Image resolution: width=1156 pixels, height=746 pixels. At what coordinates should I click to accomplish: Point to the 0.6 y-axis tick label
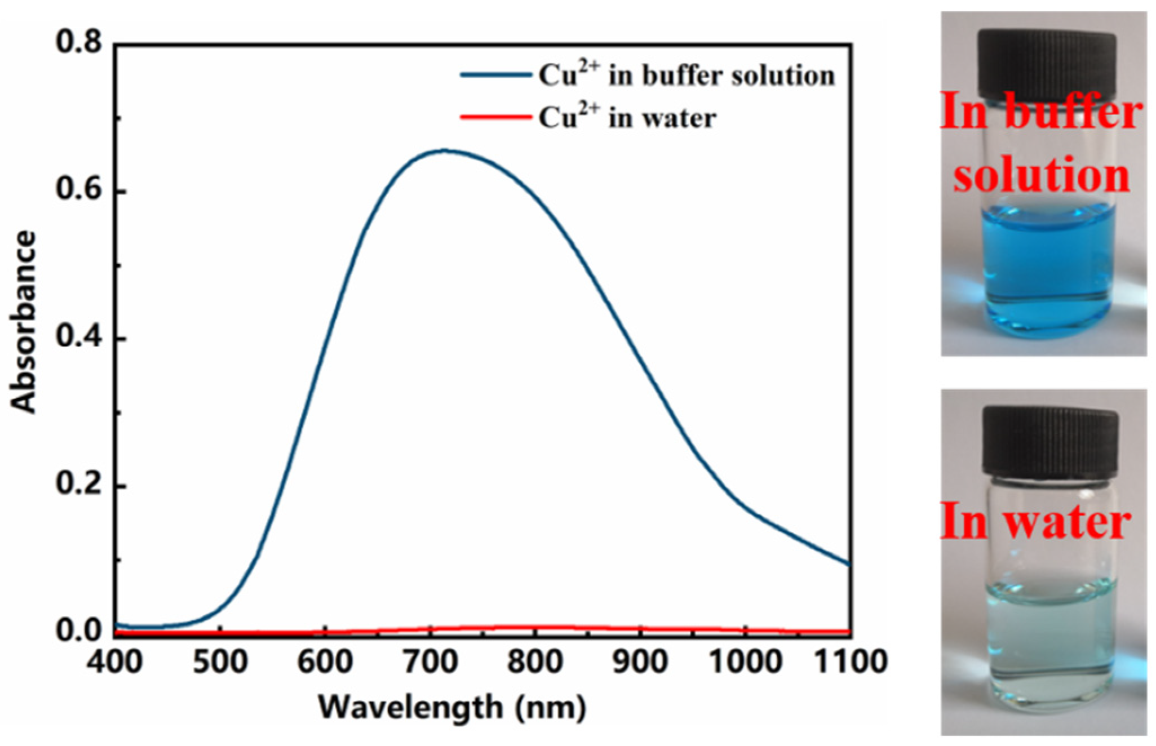(x=78, y=192)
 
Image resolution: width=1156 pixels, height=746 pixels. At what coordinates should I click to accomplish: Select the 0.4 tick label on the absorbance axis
(x=78, y=339)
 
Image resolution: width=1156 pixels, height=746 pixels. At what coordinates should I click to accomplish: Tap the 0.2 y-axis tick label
(x=78, y=486)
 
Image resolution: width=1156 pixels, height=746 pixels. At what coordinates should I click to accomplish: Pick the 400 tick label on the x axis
(x=115, y=661)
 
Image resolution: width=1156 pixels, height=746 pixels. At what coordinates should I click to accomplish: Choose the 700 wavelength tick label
(x=431, y=661)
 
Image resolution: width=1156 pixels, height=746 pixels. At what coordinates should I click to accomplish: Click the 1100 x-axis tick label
(x=850, y=661)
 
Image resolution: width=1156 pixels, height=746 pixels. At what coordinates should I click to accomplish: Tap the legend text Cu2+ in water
(x=627, y=118)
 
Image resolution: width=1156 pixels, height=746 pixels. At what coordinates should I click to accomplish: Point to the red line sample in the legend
(x=495, y=118)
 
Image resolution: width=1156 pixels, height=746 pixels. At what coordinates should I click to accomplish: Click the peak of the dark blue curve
(x=444, y=150)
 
